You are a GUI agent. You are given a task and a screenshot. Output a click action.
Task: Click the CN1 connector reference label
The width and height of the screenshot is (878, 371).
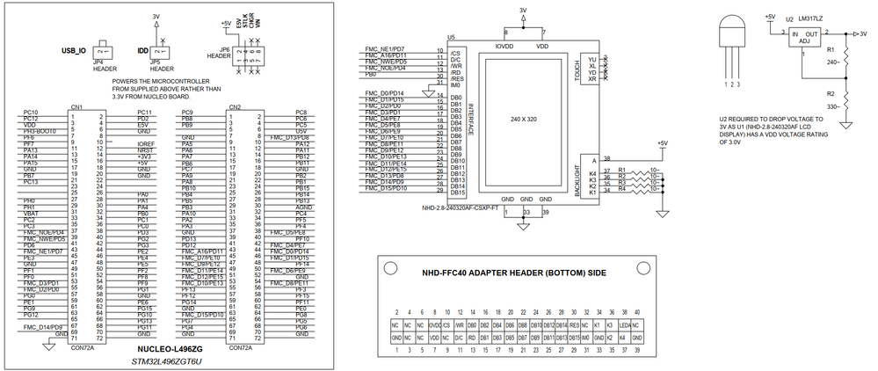pos(76,107)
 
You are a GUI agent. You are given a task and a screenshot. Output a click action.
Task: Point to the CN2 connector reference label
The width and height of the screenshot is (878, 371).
pos(235,107)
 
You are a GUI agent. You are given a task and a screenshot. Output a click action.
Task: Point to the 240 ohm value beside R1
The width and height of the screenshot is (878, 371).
pos(831,62)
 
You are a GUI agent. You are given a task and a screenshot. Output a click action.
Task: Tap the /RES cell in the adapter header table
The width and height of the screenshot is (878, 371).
pos(561,325)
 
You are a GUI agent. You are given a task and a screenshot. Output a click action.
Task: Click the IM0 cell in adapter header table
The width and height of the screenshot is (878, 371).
pos(586,338)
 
